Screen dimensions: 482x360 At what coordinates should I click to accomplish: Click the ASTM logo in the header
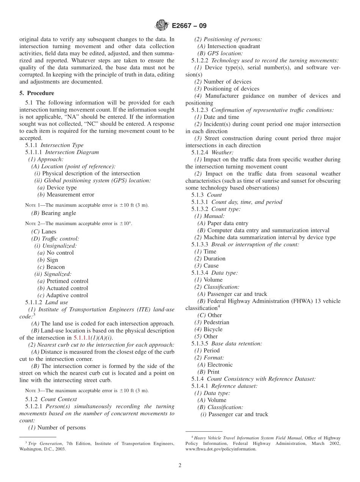(162, 26)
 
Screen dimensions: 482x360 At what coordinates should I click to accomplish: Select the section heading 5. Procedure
(37, 93)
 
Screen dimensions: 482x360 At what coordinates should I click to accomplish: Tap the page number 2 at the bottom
(180, 465)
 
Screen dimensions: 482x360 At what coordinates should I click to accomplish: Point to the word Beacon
(56, 267)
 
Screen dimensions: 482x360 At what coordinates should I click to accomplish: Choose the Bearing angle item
(58, 213)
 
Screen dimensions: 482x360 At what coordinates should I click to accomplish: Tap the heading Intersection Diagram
(72, 152)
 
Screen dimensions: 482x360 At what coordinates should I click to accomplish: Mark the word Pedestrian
(216, 322)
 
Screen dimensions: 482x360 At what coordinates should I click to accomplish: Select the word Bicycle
(213, 329)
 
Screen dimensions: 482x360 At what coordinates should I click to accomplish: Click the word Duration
(214, 258)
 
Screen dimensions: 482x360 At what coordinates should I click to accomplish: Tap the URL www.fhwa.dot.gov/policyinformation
(221, 449)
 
